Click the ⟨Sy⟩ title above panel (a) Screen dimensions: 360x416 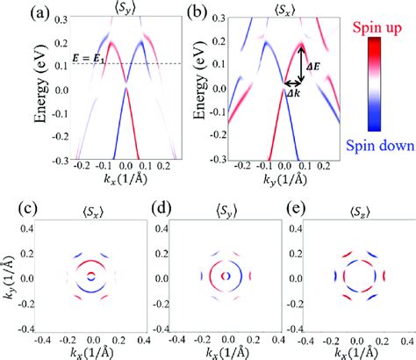126,8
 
